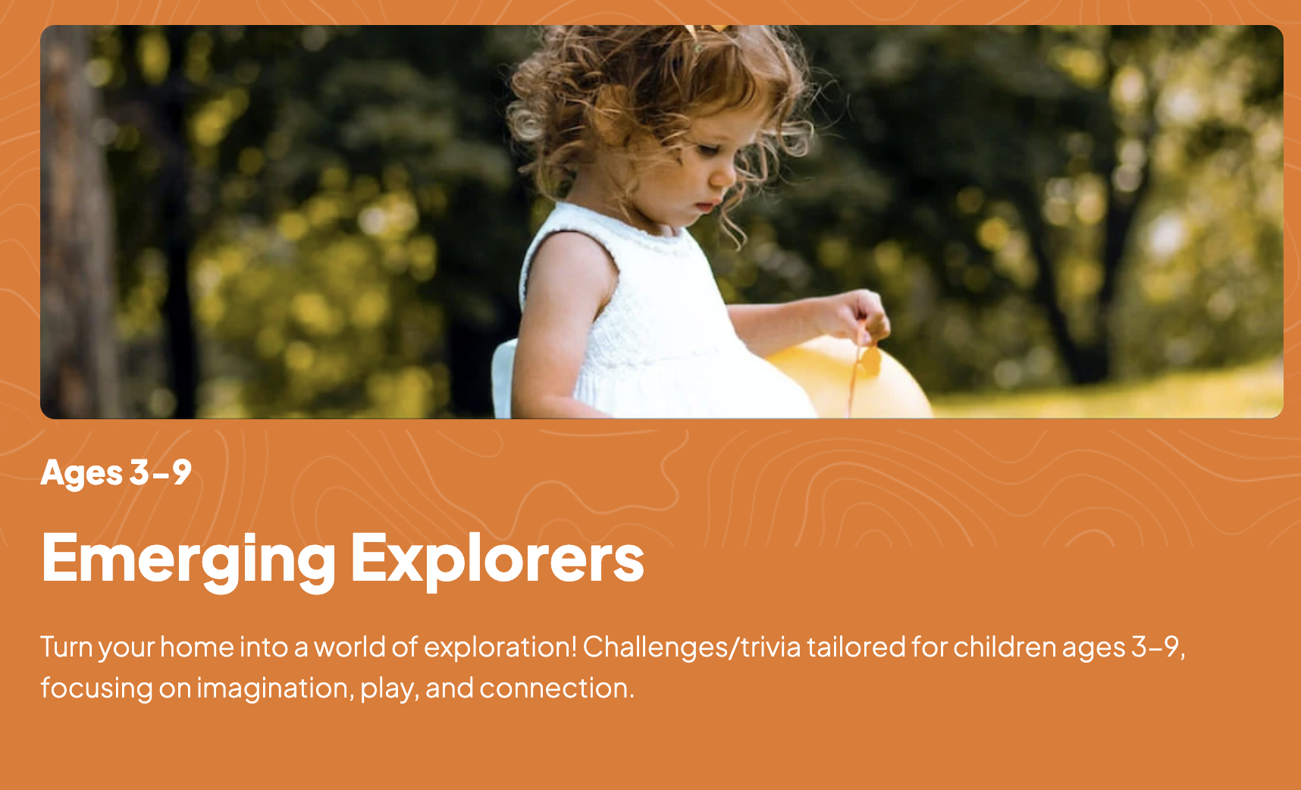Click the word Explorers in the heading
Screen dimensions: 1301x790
497,558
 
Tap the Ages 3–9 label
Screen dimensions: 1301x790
116,473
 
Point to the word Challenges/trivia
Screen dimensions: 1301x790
691,647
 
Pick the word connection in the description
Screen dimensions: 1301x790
556,688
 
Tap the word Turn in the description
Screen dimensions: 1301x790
67,647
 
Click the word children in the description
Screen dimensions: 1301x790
1005,647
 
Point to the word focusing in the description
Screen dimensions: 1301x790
97,688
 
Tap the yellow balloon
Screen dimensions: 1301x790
849,378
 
